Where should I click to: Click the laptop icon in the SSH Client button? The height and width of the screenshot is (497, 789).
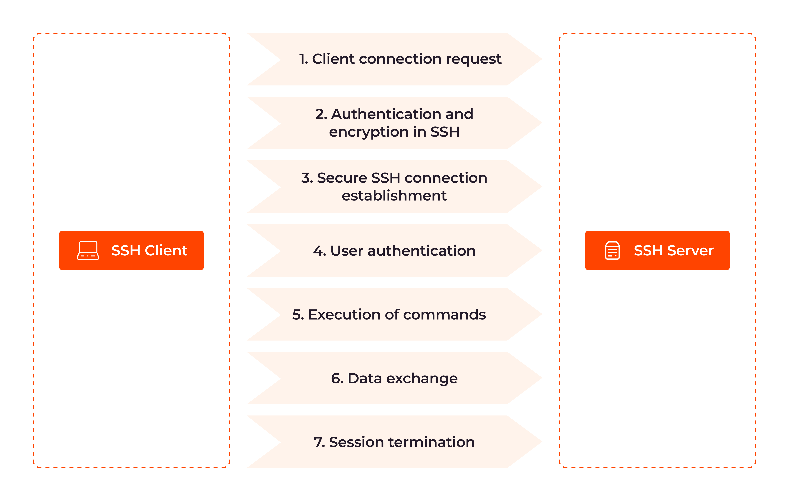[88, 251]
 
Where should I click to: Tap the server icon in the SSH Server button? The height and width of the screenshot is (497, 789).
[612, 251]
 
